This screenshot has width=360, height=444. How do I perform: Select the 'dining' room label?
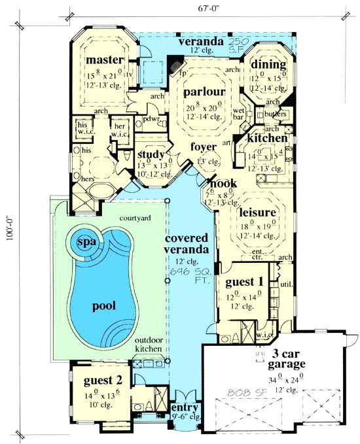268,64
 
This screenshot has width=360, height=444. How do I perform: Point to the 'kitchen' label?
266,139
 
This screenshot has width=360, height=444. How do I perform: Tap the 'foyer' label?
204,147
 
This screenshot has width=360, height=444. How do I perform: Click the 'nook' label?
219,184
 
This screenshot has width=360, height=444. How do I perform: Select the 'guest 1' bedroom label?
243,282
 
